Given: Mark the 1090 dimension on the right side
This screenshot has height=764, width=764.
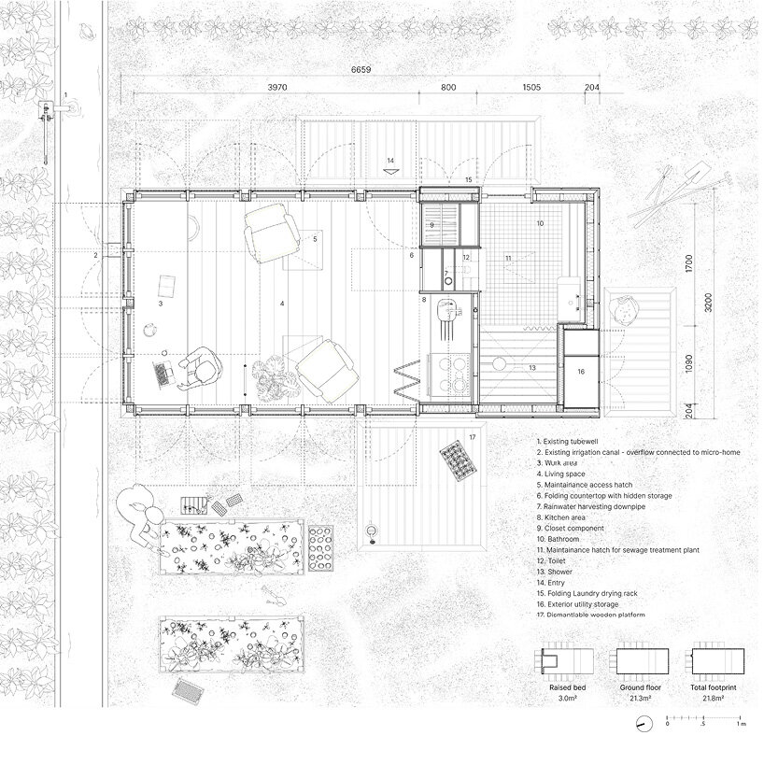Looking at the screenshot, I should point(689,361).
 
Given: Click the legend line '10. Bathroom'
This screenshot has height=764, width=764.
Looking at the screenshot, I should point(558,540).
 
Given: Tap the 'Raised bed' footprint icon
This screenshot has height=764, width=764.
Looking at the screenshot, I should point(560,661).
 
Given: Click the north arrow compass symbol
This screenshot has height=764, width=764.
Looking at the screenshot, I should point(643,723).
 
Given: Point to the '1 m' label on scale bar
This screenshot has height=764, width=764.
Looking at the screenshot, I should point(740,723).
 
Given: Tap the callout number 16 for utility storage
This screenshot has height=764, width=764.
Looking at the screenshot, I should point(579,371).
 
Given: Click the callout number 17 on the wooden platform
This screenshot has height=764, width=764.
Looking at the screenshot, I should point(472,437).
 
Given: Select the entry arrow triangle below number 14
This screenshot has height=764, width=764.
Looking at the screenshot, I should point(391,174).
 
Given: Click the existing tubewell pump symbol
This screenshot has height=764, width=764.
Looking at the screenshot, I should point(45,112).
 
